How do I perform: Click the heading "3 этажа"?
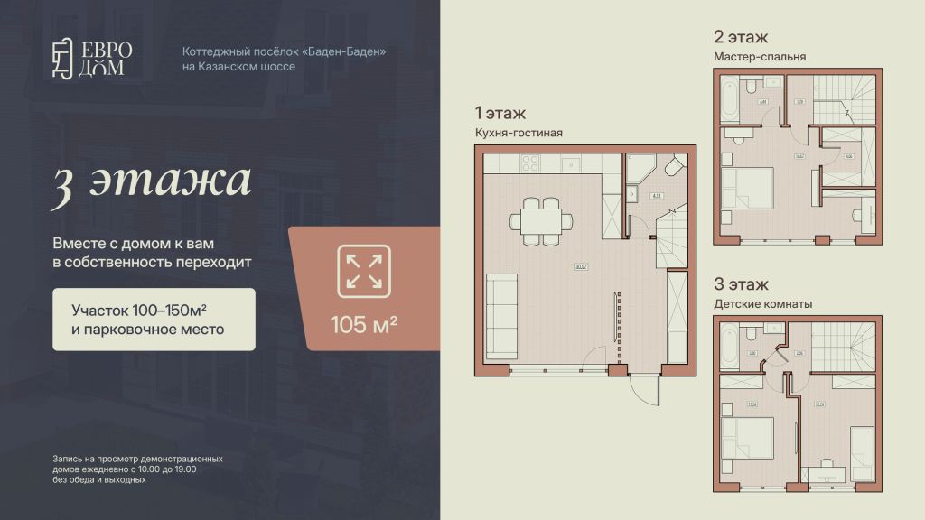[x=151, y=181]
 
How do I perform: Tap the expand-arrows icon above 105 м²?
[x=363, y=271]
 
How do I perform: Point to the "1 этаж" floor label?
[x=500, y=114]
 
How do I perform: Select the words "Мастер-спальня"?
[x=759, y=57]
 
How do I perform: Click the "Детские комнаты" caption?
[x=762, y=304]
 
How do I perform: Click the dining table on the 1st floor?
[x=540, y=221]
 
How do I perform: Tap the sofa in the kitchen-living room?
[x=502, y=306]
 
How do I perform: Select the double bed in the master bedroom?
[x=750, y=187]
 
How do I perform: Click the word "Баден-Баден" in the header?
[x=350, y=51]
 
